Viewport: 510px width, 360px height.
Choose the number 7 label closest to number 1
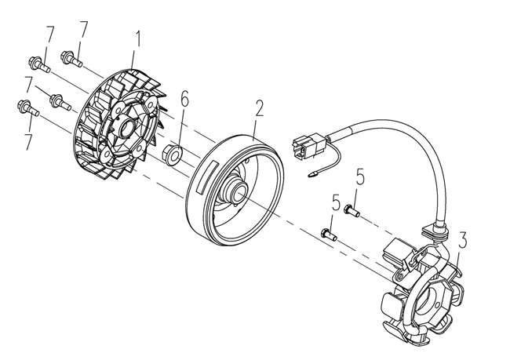83,32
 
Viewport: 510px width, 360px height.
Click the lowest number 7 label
29,143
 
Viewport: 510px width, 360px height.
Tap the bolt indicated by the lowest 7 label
28,107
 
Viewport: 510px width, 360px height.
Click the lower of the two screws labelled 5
327,232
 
